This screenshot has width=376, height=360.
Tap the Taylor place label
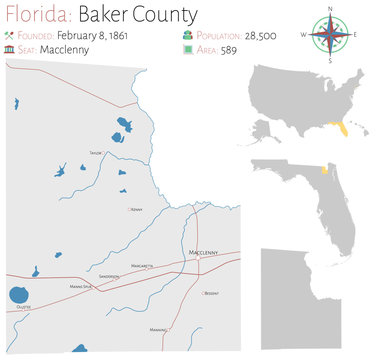pos(96,152)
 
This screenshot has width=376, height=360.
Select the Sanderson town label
pos(110,276)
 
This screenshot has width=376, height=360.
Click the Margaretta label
pos(141,266)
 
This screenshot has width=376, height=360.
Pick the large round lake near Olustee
pos(18,295)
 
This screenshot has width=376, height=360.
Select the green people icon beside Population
pos(187,33)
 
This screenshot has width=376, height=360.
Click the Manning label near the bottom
pos(157,329)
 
